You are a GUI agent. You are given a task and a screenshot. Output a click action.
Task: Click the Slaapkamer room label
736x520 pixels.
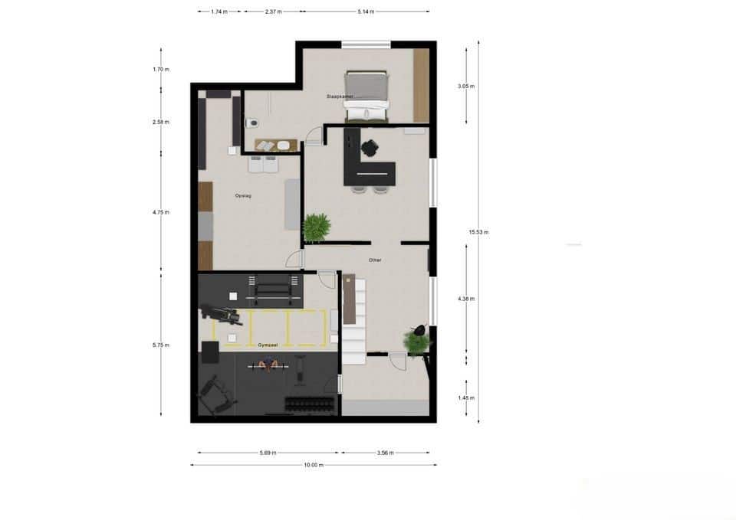(x=339, y=96)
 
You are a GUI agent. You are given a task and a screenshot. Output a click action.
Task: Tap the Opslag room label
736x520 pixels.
(x=243, y=196)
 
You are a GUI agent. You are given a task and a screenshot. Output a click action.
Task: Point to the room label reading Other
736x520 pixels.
(x=375, y=260)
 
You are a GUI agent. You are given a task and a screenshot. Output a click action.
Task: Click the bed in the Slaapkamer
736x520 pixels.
(x=366, y=96)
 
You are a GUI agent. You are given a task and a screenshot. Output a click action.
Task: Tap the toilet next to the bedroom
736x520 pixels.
(x=251, y=123)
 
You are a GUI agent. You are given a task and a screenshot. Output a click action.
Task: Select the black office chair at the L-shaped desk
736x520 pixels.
(x=371, y=148)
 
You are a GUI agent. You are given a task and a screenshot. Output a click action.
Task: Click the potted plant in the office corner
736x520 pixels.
(x=317, y=227)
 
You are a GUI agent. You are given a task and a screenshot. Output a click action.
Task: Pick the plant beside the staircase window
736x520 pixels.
(x=418, y=342)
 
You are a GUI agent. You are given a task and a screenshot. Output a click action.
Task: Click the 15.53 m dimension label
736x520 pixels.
(x=478, y=232)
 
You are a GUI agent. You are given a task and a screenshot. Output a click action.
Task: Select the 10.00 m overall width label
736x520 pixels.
(x=314, y=465)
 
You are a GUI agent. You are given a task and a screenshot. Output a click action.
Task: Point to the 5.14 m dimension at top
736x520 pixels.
(x=366, y=11)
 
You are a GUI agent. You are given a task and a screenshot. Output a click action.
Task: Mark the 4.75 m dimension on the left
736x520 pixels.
(x=161, y=212)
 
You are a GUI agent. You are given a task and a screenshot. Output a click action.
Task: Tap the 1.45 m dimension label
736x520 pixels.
(x=466, y=398)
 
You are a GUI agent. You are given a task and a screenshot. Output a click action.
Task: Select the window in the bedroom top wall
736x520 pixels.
(x=366, y=44)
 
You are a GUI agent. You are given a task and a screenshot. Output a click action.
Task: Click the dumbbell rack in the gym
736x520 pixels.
(x=310, y=403)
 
